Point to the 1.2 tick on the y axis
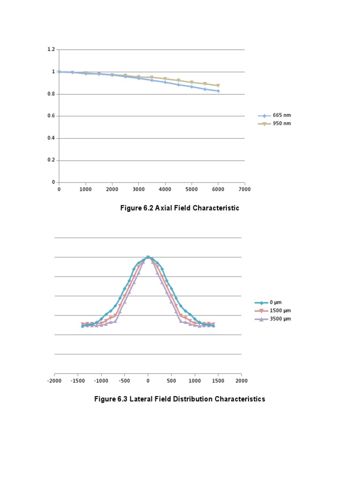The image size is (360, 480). point(51,50)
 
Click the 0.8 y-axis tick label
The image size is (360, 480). point(51,94)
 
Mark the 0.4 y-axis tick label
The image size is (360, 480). point(51,138)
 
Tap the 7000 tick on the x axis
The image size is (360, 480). point(244,189)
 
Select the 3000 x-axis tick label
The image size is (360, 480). point(138,189)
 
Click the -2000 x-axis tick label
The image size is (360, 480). point(54,381)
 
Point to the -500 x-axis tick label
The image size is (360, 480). point(125,381)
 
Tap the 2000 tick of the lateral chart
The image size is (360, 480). point(241,381)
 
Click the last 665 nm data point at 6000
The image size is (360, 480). point(218,91)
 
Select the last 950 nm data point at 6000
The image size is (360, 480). point(218,86)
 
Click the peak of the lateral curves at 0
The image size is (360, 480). point(148,257)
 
